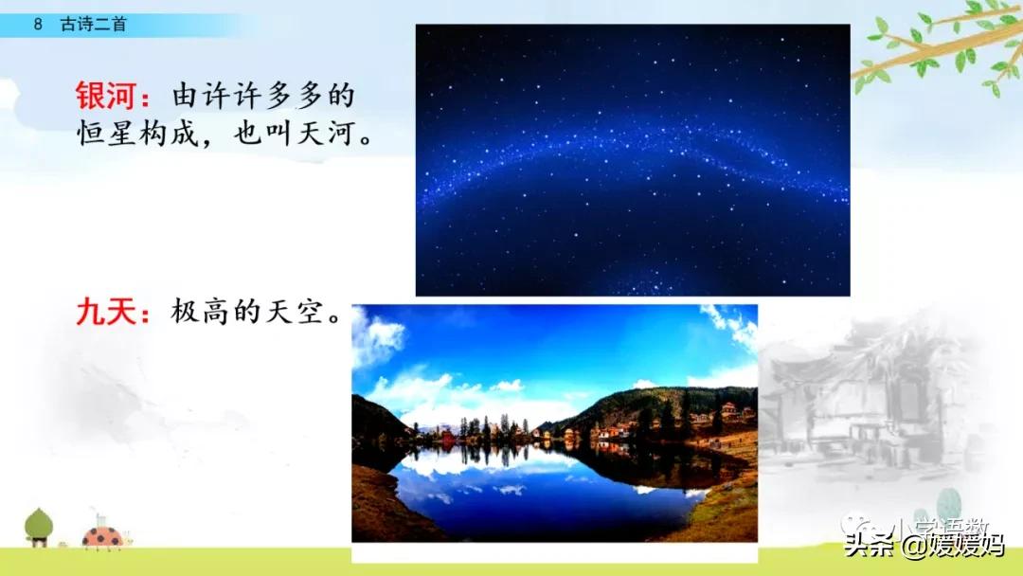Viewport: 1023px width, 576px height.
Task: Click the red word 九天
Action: point(105,312)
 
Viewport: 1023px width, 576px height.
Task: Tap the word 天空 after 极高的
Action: point(300,312)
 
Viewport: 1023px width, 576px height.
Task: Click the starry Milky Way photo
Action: point(633,159)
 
